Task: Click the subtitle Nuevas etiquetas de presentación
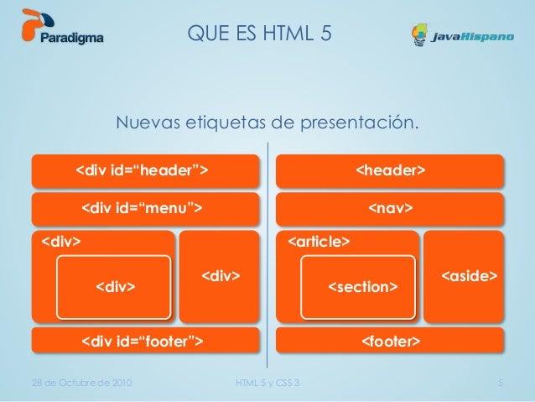(267, 123)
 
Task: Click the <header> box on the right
(391, 171)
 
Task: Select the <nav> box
(391, 207)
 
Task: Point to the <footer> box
(391, 342)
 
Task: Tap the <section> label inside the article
(361, 288)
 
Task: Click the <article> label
(319, 243)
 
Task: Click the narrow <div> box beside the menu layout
(221, 276)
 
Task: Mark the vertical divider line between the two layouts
(267, 252)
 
